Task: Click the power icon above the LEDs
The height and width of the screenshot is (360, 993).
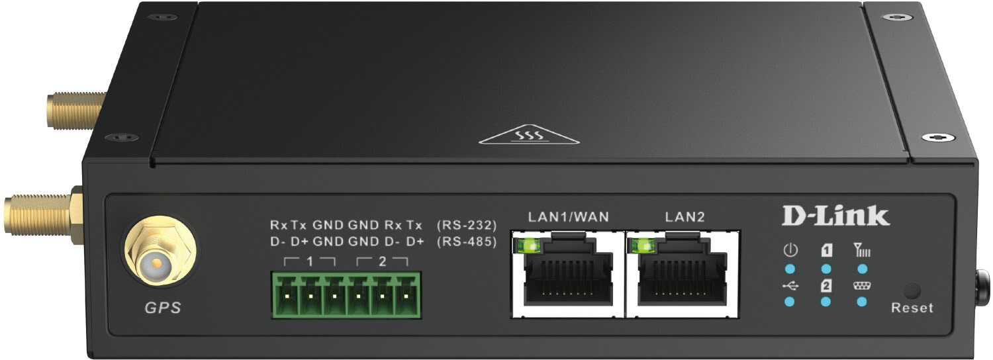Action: coord(790,251)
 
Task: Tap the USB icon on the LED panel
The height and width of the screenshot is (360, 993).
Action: coord(790,286)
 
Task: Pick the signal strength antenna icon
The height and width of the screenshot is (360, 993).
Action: coord(862,251)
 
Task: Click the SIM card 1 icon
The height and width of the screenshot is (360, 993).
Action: coord(826,251)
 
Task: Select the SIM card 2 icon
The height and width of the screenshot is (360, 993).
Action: coord(826,286)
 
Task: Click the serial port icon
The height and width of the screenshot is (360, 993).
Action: coord(862,286)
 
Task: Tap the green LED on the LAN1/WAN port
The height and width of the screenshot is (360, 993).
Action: coord(528,244)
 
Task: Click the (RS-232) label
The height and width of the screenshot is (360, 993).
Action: coord(467,225)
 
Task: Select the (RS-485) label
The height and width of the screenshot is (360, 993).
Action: coord(467,242)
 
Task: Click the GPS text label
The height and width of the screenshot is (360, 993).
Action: coord(163,307)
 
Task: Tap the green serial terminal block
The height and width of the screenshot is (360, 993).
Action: coord(347,295)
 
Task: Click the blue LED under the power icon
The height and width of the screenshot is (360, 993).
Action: coord(790,269)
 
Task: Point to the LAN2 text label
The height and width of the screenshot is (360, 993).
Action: coord(685,217)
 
